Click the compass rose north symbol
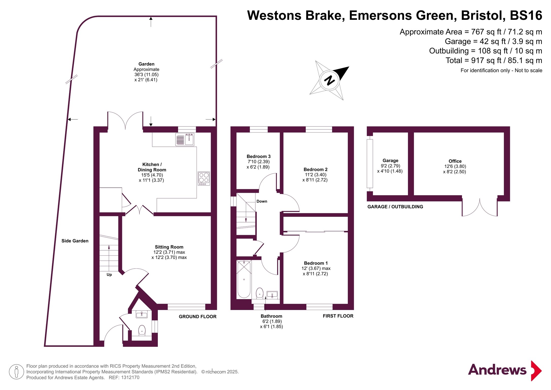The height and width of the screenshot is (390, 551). pyautogui.click(x=329, y=80)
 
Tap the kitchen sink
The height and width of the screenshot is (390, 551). pyautogui.click(x=185, y=139)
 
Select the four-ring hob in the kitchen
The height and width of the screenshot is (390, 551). pyautogui.click(x=204, y=178)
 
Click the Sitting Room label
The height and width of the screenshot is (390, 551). pyautogui.click(x=169, y=247)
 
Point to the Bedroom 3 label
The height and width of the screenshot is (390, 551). pyautogui.click(x=259, y=156)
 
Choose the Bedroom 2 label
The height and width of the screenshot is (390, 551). pyautogui.click(x=315, y=169)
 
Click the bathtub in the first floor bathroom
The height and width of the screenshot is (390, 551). pyautogui.click(x=244, y=279)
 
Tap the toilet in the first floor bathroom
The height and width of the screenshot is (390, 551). pyautogui.click(x=260, y=293)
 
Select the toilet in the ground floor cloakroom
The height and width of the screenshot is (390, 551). pyautogui.click(x=142, y=330)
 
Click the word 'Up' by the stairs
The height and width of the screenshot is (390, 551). pyautogui.click(x=109, y=274)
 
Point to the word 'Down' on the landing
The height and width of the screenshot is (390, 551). pyautogui.click(x=262, y=201)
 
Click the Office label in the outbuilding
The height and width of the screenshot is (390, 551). pyautogui.click(x=455, y=161)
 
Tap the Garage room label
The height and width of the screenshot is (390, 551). pyautogui.click(x=390, y=160)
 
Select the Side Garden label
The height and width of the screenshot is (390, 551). pyautogui.click(x=75, y=241)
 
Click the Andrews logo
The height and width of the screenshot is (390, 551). pyautogui.click(x=505, y=370)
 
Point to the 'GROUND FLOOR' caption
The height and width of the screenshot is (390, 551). pyautogui.click(x=198, y=317)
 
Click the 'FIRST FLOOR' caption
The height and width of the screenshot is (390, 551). pyautogui.click(x=338, y=316)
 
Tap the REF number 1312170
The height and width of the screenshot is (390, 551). pyautogui.click(x=130, y=378)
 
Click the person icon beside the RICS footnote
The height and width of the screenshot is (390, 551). pyautogui.click(x=16, y=372)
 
